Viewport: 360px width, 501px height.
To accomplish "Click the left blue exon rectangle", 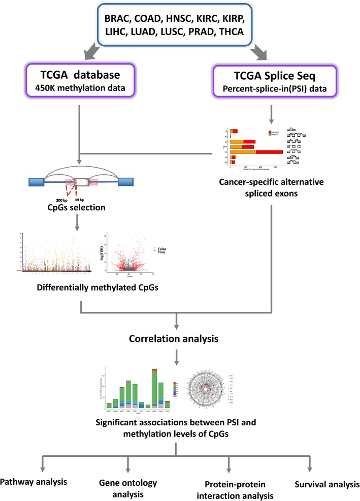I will [x=39, y=180].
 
